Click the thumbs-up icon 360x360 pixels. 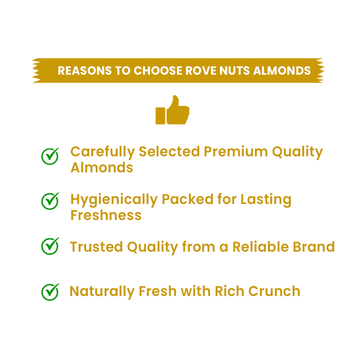coord(172,110)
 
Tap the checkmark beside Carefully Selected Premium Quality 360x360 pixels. coord(49,156)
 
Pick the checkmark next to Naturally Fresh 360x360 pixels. coord(49,291)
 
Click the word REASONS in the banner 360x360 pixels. coord(85,70)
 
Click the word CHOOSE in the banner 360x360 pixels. coord(150,70)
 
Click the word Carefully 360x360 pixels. coord(102,152)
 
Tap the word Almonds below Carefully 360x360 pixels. coord(101,167)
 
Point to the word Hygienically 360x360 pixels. coord(113,200)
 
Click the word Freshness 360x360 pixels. coord(105,215)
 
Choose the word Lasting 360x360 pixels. coord(265,199)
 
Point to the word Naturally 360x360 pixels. coord(101,292)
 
